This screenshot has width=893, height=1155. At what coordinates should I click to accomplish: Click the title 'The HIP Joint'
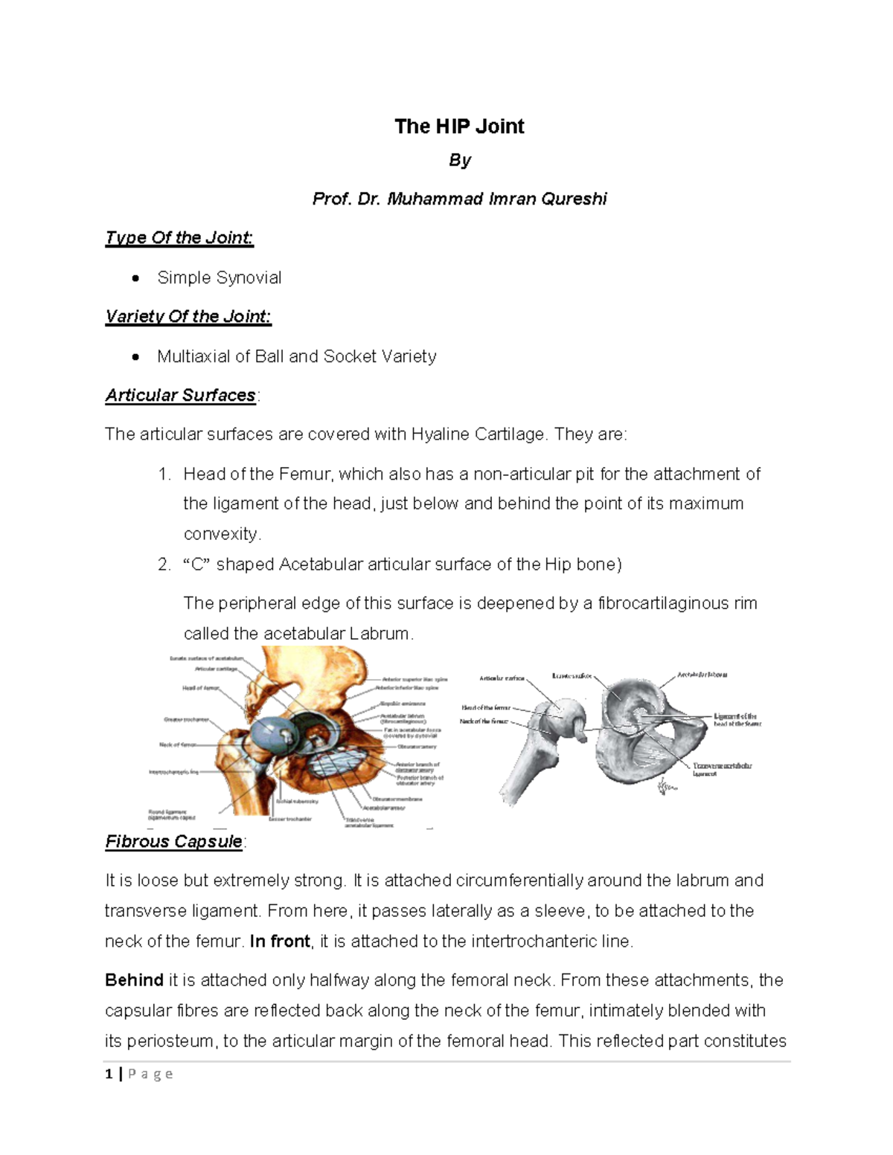[x=459, y=126]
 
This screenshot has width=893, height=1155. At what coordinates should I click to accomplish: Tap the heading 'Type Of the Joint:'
[x=179, y=238]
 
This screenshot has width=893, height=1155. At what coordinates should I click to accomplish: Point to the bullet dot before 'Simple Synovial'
[x=135, y=278]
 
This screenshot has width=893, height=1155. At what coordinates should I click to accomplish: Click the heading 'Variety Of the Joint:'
[x=188, y=317]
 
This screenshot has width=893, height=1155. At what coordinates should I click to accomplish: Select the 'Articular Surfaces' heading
[x=180, y=396]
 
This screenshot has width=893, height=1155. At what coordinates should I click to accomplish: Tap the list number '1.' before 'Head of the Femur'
[x=164, y=474]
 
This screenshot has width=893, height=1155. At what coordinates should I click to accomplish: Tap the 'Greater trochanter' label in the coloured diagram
[x=186, y=720]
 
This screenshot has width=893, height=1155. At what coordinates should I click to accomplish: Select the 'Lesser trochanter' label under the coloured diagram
[x=290, y=819]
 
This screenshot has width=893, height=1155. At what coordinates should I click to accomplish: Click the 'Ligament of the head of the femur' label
[x=737, y=719]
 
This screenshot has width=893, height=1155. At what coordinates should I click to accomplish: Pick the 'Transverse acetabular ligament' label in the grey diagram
[x=722, y=769]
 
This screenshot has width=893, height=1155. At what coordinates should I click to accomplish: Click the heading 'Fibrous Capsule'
[x=173, y=842]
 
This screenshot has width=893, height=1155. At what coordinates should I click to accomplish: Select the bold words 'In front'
[x=280, y=942]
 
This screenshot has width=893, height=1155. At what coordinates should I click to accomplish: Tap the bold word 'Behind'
[x=134, y=980]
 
